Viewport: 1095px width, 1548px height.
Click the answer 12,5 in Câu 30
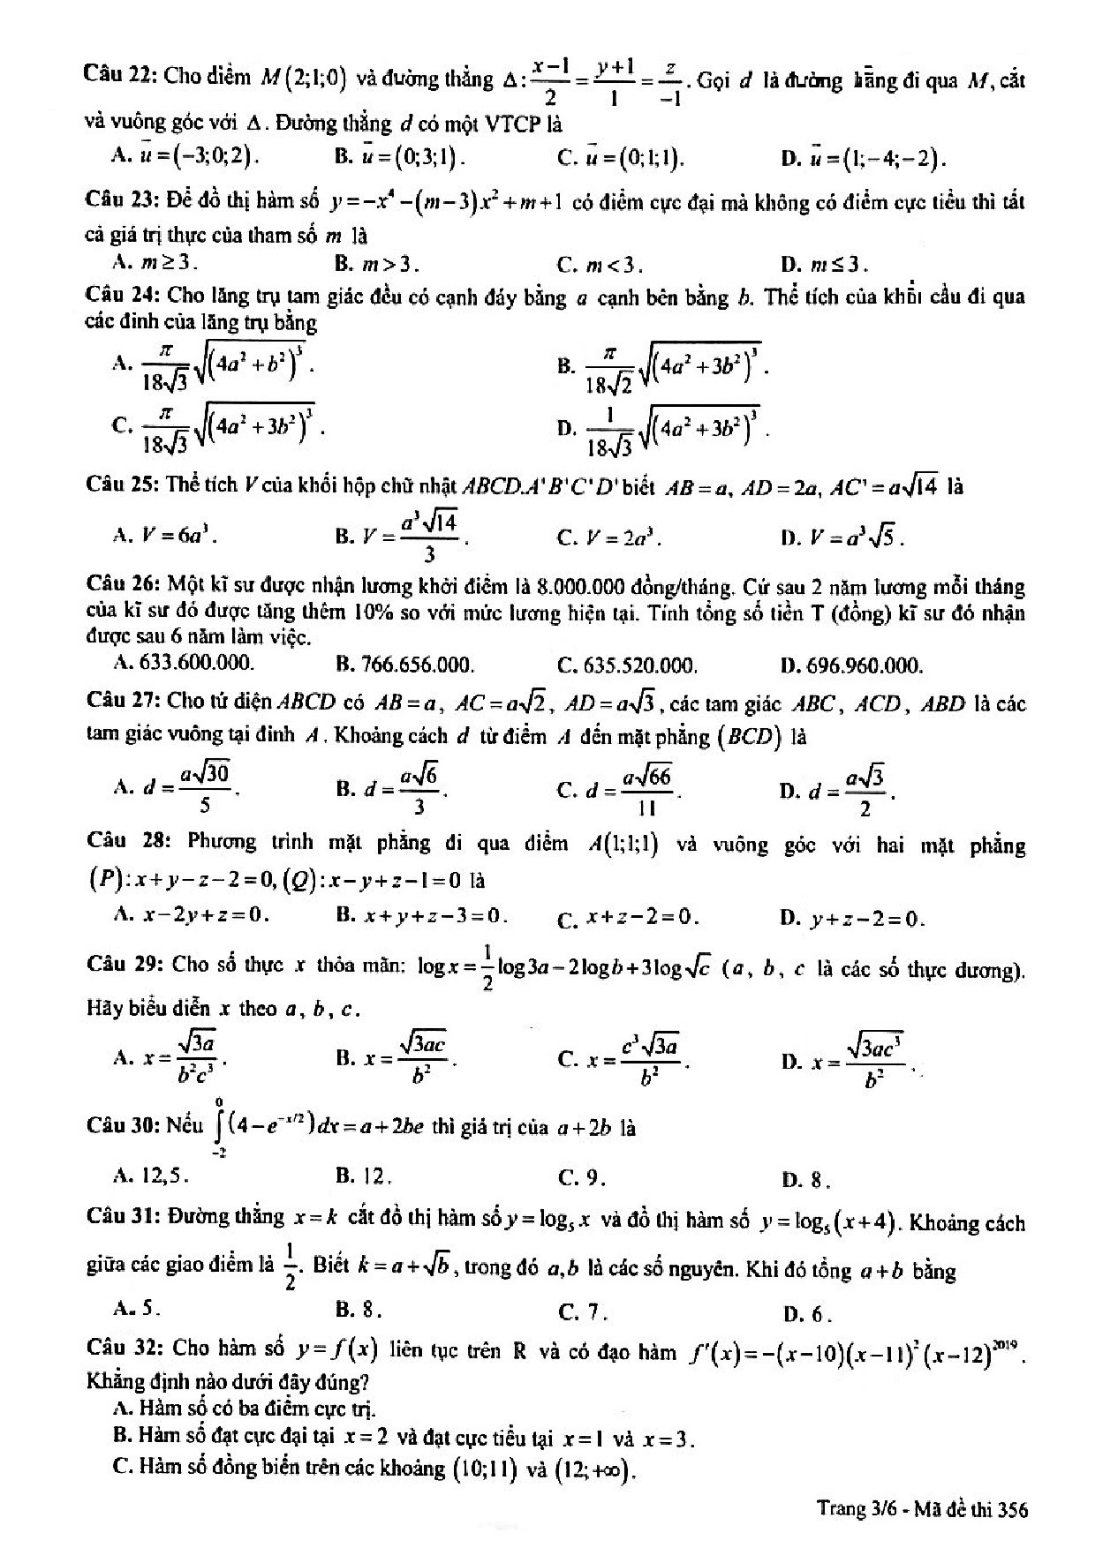pyautogui.click(x=164, y=1176)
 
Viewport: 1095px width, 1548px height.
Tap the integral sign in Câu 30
pyautogui.click(x=217, y=1126)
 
